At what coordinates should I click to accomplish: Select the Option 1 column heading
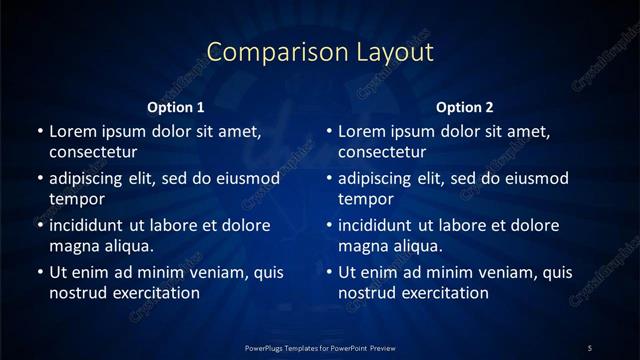point(176,107)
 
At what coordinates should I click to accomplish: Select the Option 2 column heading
point(466,107)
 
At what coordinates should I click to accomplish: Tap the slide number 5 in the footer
point(589,347)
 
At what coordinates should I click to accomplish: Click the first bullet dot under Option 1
point(40,132)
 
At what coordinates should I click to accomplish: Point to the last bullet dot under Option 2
point(330,272)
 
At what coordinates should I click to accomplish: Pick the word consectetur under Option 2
point(383,153)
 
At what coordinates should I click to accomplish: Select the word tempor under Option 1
point(74,199)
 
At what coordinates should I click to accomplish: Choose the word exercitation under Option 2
point(446,293)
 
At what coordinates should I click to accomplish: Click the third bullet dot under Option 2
point(330,225)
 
